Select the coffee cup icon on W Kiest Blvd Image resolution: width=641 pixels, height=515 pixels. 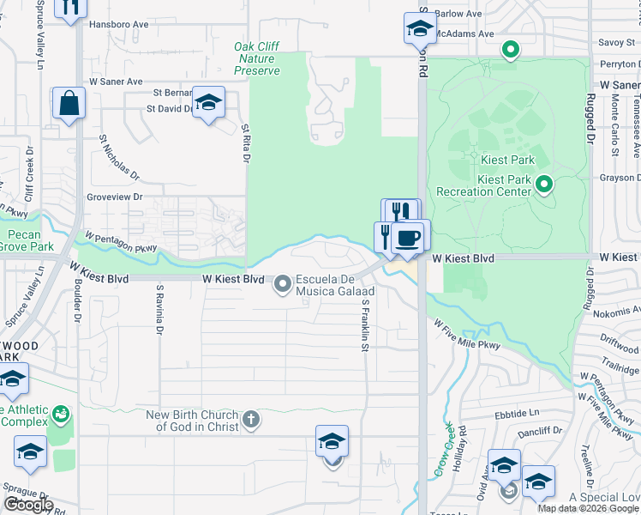coord(407,237)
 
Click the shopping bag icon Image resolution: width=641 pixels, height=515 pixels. coord(68,104)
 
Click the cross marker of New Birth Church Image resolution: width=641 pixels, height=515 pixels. coord(250,420)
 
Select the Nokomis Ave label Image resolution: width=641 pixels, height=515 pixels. coord(615,314)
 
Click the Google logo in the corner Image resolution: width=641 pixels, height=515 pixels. coord(27,505)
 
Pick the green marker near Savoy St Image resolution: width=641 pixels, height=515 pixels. coord(511,51)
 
